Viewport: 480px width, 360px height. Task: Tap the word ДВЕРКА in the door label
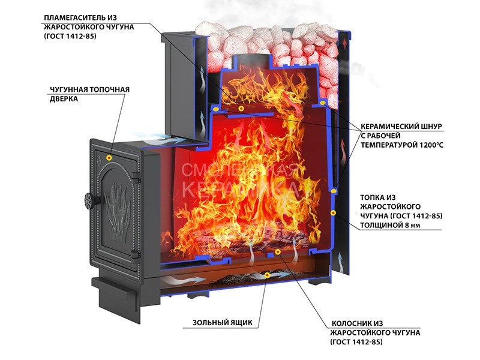[x=64, y=99]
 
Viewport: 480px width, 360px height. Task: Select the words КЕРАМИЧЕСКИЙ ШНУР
[x=401, y=127]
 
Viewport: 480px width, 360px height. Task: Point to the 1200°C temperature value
[x=431, y=145]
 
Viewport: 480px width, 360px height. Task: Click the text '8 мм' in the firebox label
[x=412, y=226]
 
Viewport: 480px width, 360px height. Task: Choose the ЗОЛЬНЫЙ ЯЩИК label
[x=223, y=323]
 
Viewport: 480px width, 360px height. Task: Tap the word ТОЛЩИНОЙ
[x=381, y=226]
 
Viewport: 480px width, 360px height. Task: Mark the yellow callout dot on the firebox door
[x=109, y=158]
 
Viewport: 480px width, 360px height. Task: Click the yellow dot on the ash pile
[x=267, y=275]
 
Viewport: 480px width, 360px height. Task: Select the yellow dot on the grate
[x=278, y=252]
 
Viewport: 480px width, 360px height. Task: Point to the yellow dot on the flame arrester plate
[x=241, y=109]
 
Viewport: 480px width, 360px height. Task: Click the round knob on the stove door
[x=89, y=201]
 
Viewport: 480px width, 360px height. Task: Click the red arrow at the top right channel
[x=346, y=43]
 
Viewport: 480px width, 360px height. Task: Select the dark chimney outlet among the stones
[x=252, y=59]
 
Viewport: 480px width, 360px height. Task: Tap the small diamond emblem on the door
[x=99, y=159]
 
